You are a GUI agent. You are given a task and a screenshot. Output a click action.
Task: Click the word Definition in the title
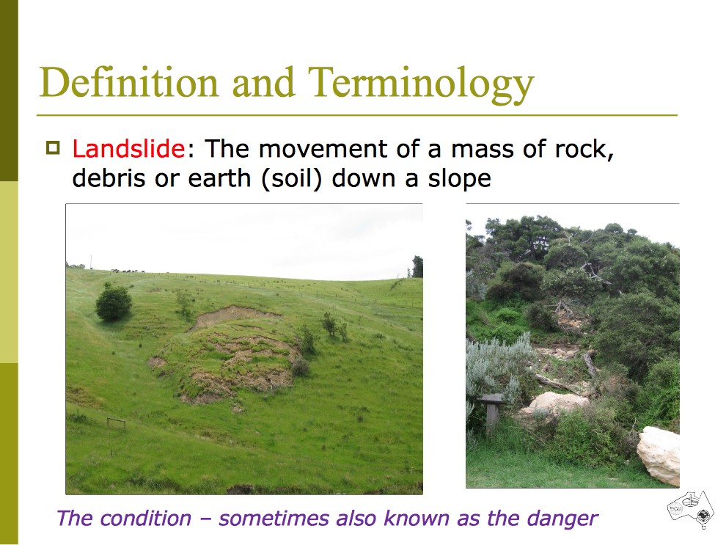[129, 82]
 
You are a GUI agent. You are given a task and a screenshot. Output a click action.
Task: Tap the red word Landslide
[128, 149]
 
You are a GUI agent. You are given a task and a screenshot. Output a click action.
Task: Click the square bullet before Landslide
[54, 148]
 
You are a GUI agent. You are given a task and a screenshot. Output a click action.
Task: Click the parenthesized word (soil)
[292, 179]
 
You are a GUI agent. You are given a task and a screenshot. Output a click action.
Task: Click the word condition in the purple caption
[146, 518]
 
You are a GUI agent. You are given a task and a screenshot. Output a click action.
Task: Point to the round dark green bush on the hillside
[114, 303]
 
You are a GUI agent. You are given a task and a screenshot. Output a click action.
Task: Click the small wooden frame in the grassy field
[116, 423]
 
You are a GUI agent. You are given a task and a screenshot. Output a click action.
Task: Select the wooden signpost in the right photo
[491, 412]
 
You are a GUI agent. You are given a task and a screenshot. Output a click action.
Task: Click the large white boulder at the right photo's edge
[659, 455]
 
